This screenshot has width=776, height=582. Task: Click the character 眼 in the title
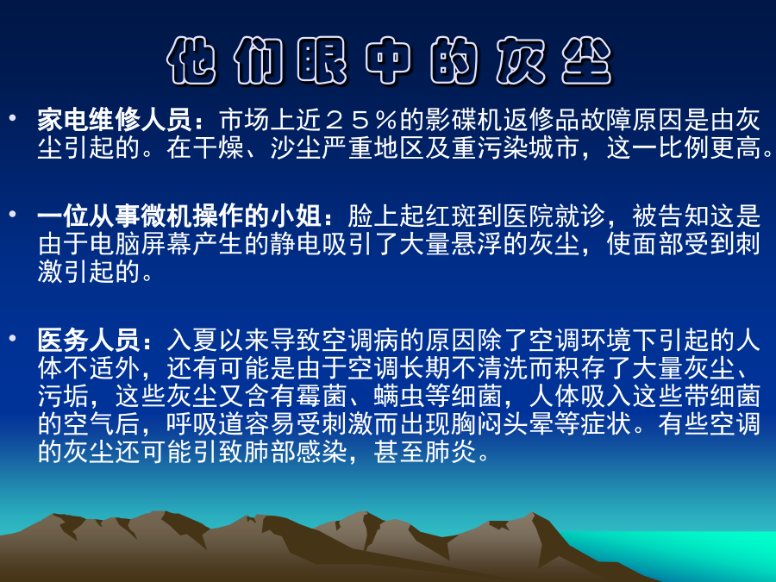click(322, 61)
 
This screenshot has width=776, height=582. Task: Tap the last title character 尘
click(586, 61)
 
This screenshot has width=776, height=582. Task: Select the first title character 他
click(191, 61)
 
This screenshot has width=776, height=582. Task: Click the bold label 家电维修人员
click(115, 119)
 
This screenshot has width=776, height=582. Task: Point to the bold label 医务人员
click(89, 340)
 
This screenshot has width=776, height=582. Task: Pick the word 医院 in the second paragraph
click(529, 216)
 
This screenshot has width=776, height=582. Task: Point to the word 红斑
click(451, 216)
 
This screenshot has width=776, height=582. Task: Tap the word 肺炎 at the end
click(451, 451)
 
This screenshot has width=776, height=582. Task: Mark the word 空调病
click(360, 340)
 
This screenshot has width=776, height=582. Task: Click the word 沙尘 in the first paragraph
click(296, 147)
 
